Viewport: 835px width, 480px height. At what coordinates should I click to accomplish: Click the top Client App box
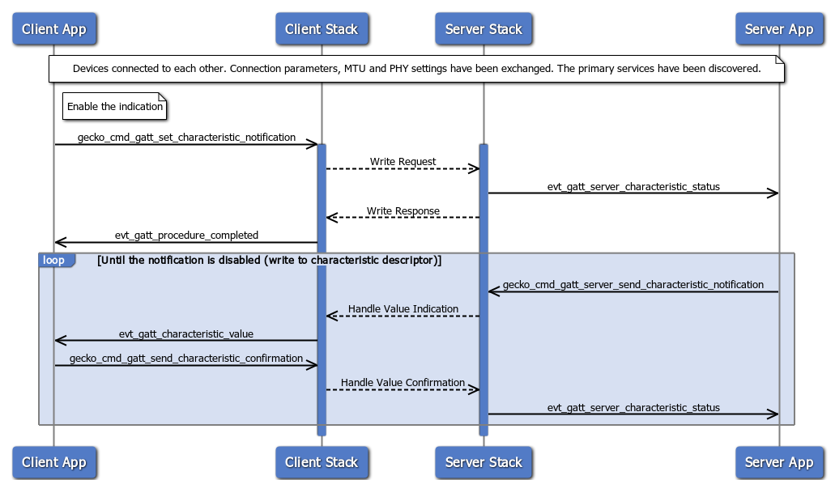click(53, 29)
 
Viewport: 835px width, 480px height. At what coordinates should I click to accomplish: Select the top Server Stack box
click(484, 29)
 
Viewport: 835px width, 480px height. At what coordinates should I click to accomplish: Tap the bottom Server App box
click(778, 462)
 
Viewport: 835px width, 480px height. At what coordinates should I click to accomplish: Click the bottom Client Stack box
click(321, 462)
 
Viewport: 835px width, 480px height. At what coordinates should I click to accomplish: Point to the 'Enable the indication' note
click(115, 107)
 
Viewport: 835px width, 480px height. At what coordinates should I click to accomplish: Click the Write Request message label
click(403, 162)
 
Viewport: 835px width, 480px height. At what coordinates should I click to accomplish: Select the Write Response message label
click(403, 211)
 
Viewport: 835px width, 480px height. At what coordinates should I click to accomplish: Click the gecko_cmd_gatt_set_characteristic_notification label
click(186, 138)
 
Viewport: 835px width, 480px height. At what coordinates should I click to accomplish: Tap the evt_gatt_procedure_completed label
click(186, 236)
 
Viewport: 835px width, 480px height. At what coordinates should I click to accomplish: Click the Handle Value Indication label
click(403, 309)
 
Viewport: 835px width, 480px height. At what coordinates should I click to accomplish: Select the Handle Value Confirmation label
click(403, 383)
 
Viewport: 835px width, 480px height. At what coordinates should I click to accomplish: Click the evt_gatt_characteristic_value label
click(186, 334)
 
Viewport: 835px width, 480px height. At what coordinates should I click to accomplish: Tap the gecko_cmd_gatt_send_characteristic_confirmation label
click(186, 359)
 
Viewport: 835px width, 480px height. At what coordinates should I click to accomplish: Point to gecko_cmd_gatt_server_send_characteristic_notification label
click(633, 285)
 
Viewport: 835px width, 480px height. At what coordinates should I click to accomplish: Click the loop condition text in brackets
click(269, 261)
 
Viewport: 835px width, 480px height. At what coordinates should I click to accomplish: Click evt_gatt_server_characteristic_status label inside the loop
click(633, 408)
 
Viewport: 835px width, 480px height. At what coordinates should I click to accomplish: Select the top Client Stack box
click(321, 29)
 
